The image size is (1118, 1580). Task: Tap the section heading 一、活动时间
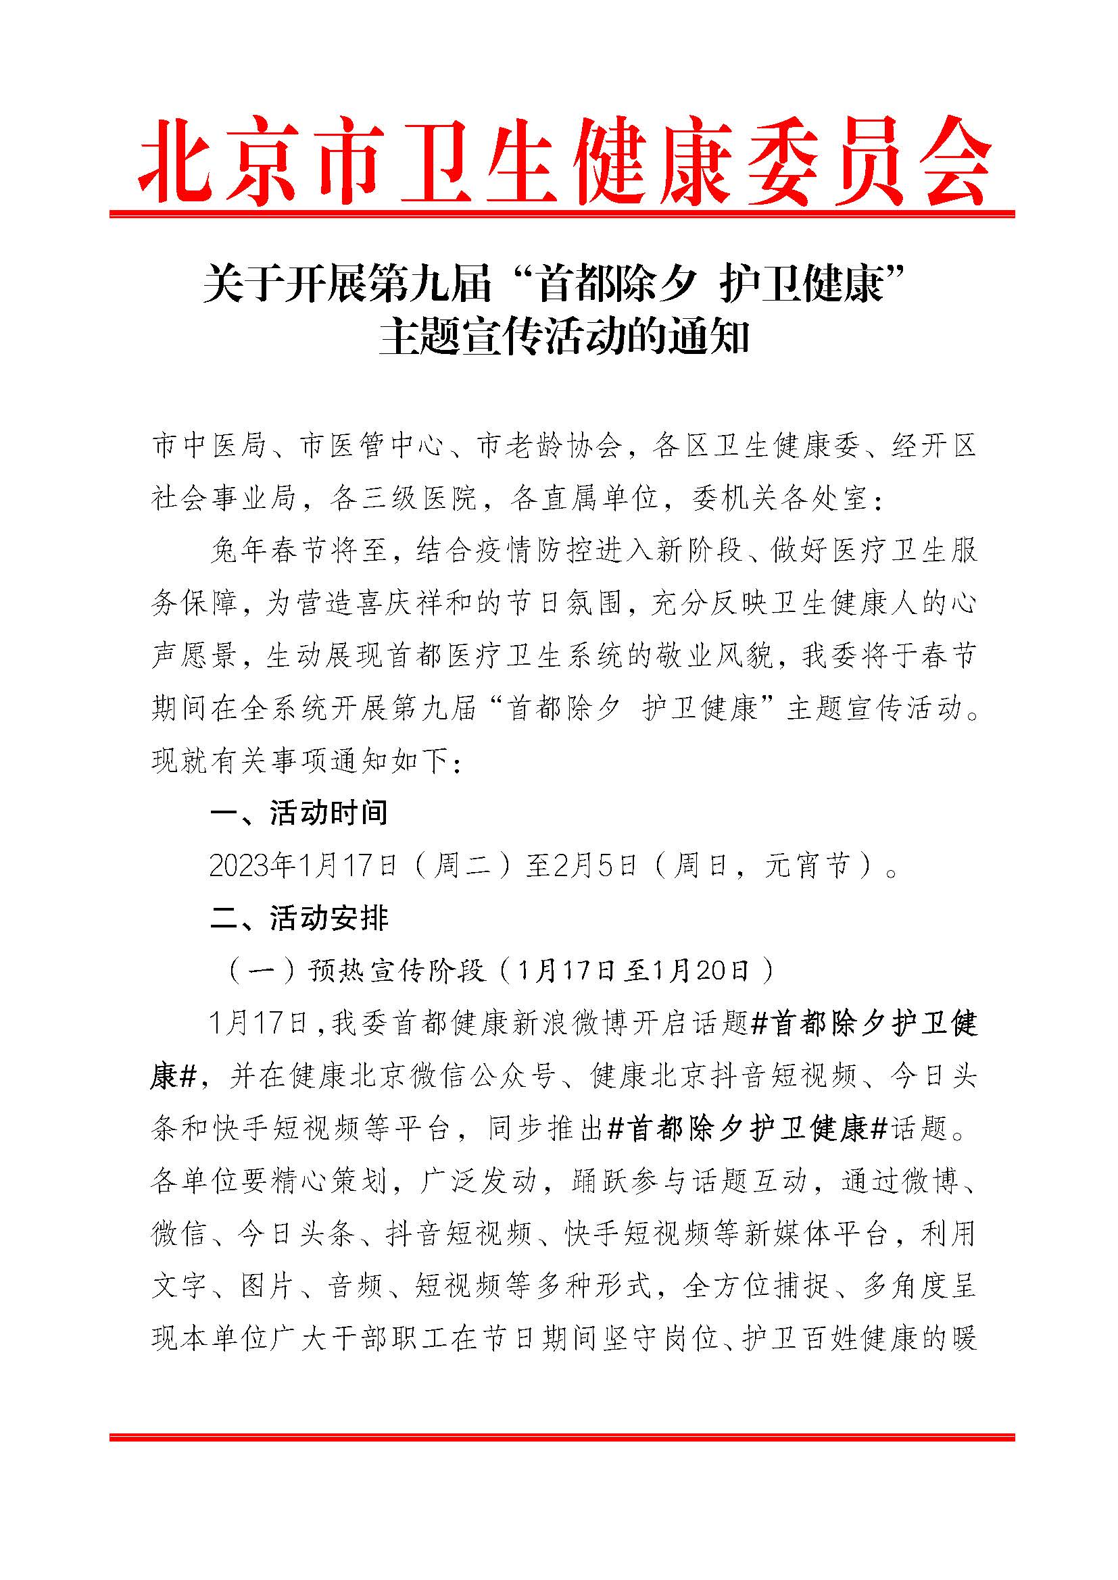click(x=299, y=813)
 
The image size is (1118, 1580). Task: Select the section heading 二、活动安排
click(x=299, y=918)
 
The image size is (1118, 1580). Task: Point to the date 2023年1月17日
click(x=303, y=866)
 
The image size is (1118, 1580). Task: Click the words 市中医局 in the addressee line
click(x=209, y=447)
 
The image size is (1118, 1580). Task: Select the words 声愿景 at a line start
click(x=193, y=656)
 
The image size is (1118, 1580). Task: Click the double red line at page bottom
click(x=562, y=1437)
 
